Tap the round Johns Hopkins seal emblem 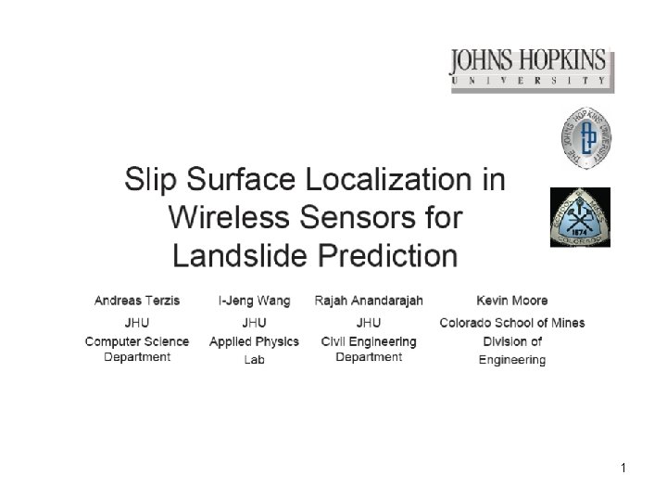pyautogui.click(x=586, y=139)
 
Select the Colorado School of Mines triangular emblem pyautogui.click(x=580, y=217)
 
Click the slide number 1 pyautogui.click(x=624, y=469)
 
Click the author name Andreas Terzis pyautogui.click(x=137, y=301)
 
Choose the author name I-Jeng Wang pyautogui.click(x=254, y=301)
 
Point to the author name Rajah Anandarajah pyautogui.click(x=369, y=301)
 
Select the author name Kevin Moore pyautogui.click(x=511, y=301)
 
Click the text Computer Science pyautogui.click(x=137, y=341)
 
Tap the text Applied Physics pyautogui.click(x=254, y=341)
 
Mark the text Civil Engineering pyautogui.click(x=369, y=341)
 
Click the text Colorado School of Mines pyautogui.click(x=511, y=323)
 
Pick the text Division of pyautogui.click(x=511, y=341)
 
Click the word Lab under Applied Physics pyautogui.click(x=254, y=359)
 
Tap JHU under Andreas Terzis pyautogui.click(x=137, y=323)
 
